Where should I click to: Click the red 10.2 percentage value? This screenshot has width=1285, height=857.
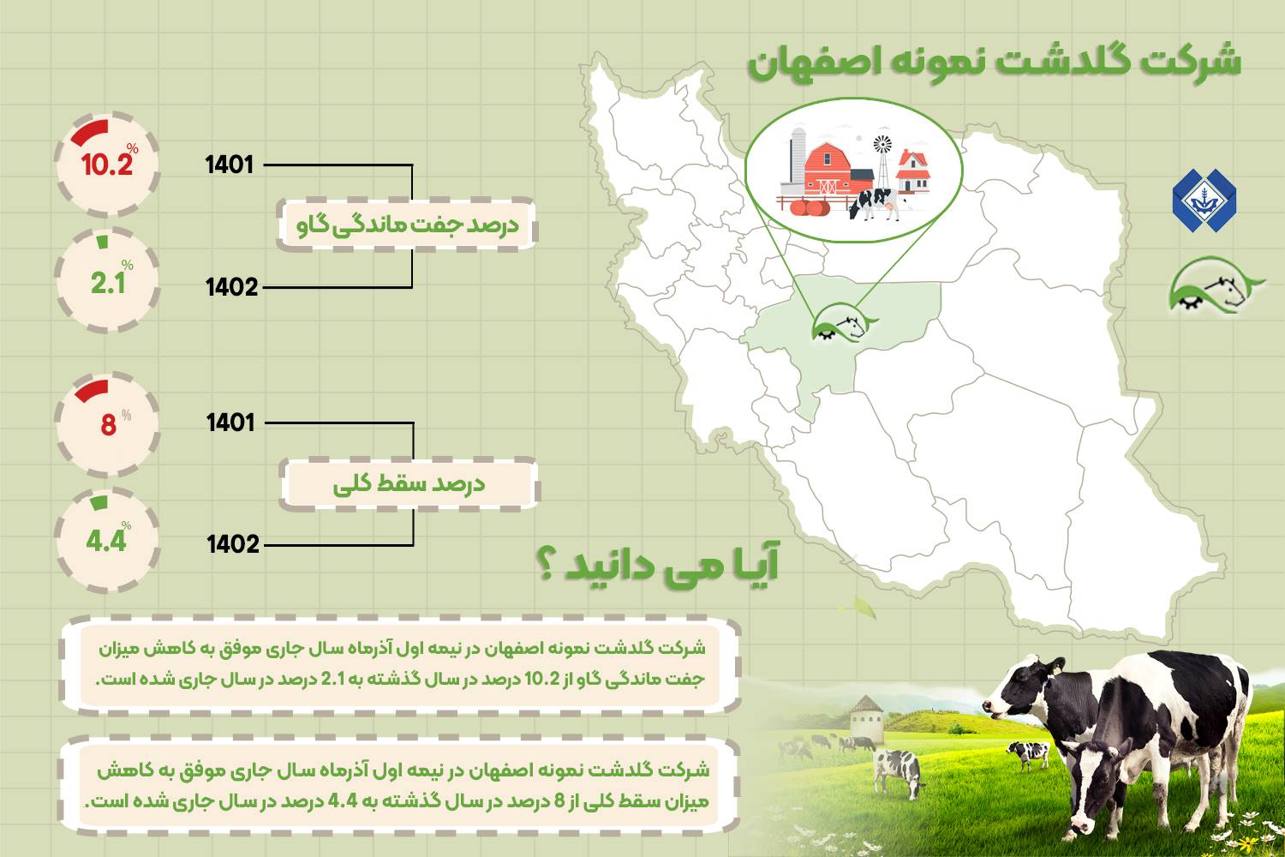click(107, 165)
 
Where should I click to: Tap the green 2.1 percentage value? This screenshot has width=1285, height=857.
click(108, 283)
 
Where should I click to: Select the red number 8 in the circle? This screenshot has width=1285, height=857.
click(109, 425)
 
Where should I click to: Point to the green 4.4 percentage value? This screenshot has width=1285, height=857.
click(106, 541)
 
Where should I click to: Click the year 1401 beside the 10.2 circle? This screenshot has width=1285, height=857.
click(230, 165)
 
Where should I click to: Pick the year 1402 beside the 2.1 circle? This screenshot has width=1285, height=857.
click(232, 287)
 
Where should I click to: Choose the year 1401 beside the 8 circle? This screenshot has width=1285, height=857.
click(230, 423)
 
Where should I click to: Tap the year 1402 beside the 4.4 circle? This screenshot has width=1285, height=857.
click(233, 544)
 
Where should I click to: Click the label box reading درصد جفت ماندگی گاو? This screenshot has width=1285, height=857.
click(407, 225)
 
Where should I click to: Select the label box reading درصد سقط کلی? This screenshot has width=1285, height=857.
click(409, 484)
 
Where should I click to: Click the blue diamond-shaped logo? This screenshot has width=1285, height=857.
click(1204, 201)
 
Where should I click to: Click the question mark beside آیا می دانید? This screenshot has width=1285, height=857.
click(546, 566)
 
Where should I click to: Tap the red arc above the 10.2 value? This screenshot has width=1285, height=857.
click(90, 132)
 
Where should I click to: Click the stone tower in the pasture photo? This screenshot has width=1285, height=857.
click(866, 719)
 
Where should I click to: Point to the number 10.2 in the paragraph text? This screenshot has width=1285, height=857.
click(542, 679)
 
